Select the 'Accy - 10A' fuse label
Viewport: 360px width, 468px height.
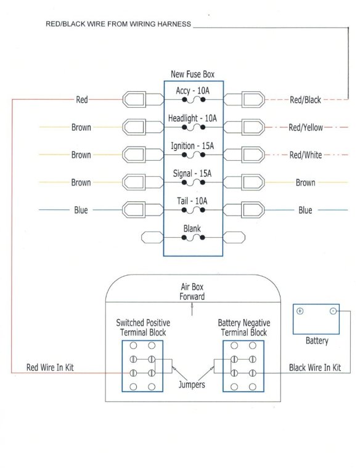(193, 91)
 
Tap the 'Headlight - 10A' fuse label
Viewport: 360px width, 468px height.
(193, 118)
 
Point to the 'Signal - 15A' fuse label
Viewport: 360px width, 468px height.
(193, 174)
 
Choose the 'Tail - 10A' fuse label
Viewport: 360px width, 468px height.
(193, 201)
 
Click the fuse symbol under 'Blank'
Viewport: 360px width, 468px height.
(193, 237)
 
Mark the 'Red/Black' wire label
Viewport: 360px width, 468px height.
(305, 100)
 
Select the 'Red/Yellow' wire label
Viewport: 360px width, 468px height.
(305, 127)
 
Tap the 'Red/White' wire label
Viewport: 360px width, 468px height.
(305, 155)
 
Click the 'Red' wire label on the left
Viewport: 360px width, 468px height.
(81, 100)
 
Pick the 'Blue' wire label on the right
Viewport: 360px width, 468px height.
(305, 210)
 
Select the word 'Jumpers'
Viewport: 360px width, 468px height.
(192, 385)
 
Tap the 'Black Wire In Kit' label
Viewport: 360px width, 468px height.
(315, 368)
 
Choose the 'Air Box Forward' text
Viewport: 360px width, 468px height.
(192, 291)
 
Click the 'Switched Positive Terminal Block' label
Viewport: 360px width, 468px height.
(143, 328)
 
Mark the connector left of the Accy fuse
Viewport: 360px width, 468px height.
(134, 100)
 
